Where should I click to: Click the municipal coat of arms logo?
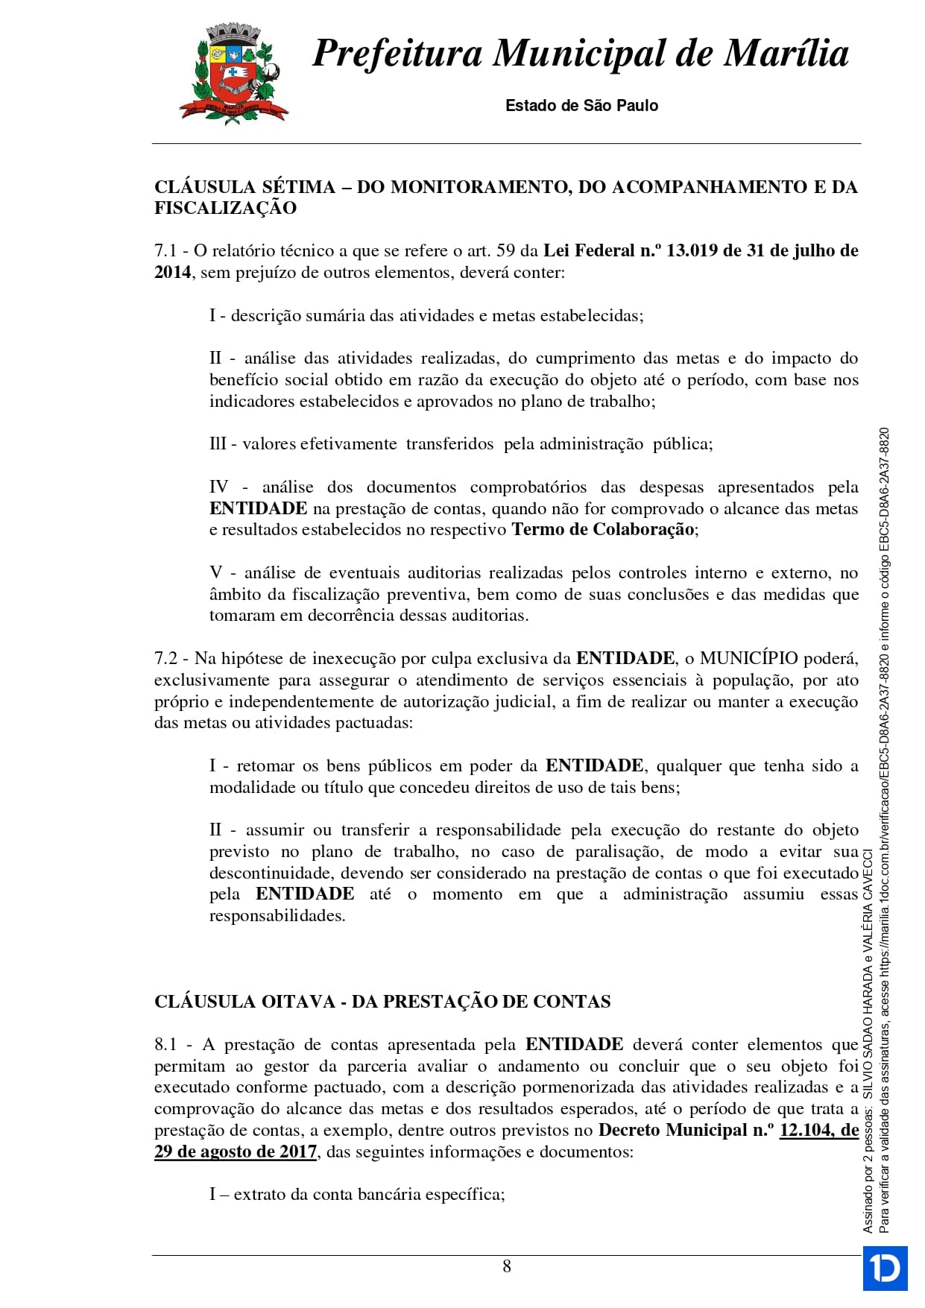(233, 72)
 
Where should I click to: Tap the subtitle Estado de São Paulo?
(581, 106)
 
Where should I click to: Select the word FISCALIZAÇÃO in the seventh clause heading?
(225, 208)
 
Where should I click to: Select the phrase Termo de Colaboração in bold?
(603, 530)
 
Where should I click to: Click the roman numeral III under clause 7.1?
(218, 444)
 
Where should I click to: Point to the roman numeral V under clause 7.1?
(215, 573)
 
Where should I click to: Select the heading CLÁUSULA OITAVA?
(244, 1002)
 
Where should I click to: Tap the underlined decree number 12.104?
(806, 1131)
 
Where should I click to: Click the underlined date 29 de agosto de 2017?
(236, 1152)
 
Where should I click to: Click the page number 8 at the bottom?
(507, 1266)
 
